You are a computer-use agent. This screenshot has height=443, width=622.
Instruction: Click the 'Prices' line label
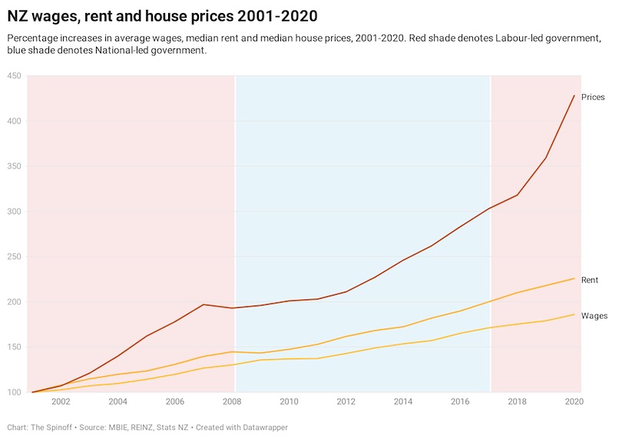(x=593, y=98)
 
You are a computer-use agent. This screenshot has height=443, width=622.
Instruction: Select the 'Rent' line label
(x=590, y=280)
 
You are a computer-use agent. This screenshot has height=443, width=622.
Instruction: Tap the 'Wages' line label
(x=594, y=316)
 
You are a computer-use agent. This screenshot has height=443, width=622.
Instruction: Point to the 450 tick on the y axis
(x=13, y=76)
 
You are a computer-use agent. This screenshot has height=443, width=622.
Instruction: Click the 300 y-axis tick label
(x=13, y=212)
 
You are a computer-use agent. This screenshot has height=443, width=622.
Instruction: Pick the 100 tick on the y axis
(x=13, y=392)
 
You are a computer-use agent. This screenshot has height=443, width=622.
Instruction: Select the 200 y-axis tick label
(x=13, y=302)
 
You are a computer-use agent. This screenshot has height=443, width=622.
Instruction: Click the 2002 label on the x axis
(x=61, y=402)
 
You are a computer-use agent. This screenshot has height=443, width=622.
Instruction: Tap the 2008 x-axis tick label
(x=232, y=402)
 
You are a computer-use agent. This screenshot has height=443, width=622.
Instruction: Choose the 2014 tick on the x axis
(x=402, y=402)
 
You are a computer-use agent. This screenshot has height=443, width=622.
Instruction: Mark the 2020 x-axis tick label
(x=572, y=402)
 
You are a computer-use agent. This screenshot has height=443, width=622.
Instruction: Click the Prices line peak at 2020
(x=574, y=95)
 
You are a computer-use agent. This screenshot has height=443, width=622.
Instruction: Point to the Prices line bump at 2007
(x=204, y=305)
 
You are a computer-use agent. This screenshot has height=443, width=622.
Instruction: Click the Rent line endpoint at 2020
(x=574, y=279)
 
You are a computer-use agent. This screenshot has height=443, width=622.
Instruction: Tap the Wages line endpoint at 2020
(x=574, y=314)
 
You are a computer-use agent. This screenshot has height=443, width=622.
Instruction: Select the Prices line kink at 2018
(x=518, y=195)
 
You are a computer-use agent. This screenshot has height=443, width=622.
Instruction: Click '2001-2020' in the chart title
(x=272, y=15)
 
